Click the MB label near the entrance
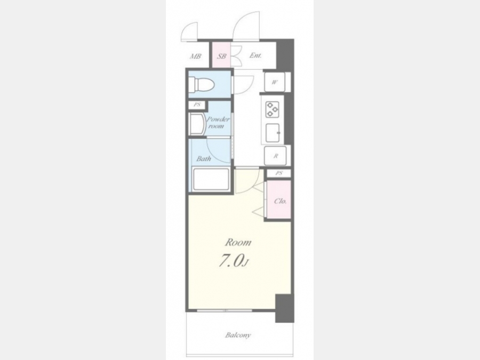click(195, 57)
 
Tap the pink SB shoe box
click(221, 55)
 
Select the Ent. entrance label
click(255, 55)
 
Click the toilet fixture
click(201, 84)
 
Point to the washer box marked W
click(275, 82)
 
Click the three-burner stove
click(272, 109)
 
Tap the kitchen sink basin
click(273, 133)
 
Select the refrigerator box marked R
click(276, 156)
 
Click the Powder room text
click(218, 123)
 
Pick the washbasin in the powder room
click(197, 124)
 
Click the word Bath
click(204, 158)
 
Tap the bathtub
click(211, 179)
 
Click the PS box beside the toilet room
click(197, 105)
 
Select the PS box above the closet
click(278, 173)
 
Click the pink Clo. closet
click(279, 199)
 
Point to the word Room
click(238, 243)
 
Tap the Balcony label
click(238, 335)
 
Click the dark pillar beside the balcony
click(284, 308)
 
